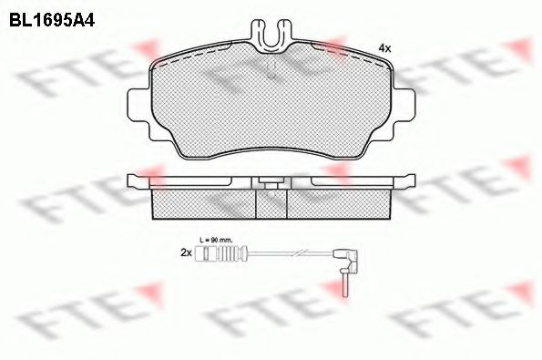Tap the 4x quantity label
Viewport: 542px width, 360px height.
coord(384,47)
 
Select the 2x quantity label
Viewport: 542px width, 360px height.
coord(186,254)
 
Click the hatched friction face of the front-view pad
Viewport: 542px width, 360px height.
coord(271,100)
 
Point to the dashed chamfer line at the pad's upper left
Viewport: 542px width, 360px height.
coord(173,57)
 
